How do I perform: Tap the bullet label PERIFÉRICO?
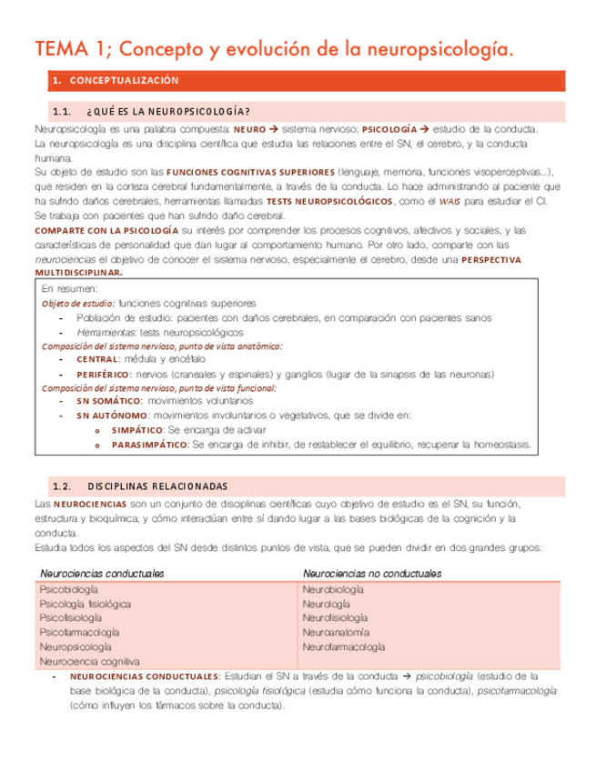tap(104, 374)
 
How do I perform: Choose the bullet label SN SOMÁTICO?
tap(109, 401)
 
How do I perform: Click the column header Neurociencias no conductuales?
tap(372, 574)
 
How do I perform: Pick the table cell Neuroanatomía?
tap(337, 632)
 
